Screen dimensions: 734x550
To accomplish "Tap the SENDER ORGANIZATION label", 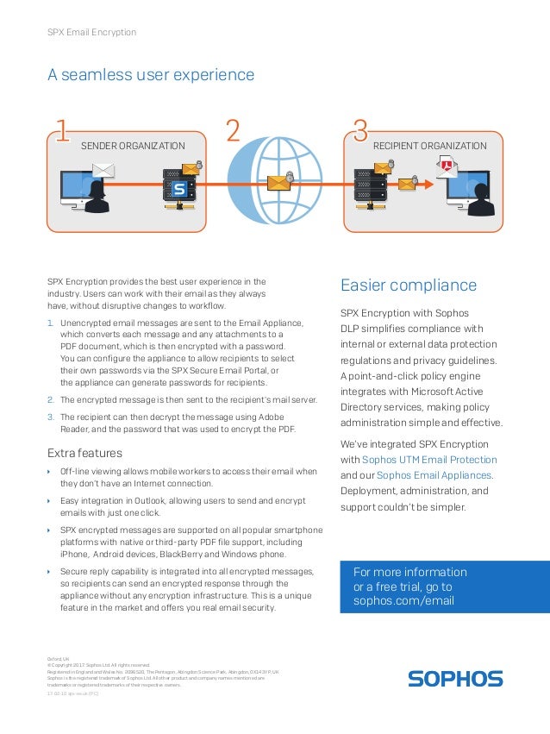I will (x=133, y=147).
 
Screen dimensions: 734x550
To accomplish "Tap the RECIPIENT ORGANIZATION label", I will (x=429, y=147).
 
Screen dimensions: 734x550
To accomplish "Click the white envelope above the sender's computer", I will (x=103, y=169).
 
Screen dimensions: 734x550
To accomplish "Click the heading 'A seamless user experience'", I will (x=150, y=75).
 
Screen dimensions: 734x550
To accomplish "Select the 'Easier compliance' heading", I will (x=409, y=285).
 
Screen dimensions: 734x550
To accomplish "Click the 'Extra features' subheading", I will (x=84, y=453).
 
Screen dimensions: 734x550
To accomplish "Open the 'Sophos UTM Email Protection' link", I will (x=429, y=459).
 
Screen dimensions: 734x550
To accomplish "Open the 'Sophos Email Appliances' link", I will (x=434, y=475).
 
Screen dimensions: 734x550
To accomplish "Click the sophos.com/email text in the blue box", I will (x=403, y=600).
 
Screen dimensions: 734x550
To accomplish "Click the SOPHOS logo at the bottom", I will (x=455, y=679).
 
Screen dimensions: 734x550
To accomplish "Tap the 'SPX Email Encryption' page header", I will (x=91, y=32).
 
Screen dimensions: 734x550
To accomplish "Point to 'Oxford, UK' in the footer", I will (x=59, y=657).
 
